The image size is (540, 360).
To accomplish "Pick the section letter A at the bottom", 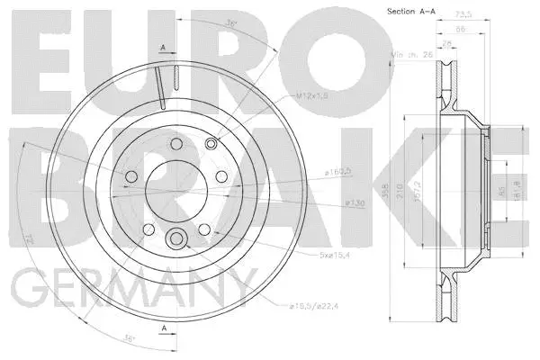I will coord(162,329).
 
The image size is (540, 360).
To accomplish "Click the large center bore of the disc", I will coord(177,189).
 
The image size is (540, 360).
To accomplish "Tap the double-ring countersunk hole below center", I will coord(177,238).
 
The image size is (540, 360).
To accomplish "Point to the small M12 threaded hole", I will coord(211,144).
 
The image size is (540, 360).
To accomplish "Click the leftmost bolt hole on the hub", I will coord(130,176).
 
